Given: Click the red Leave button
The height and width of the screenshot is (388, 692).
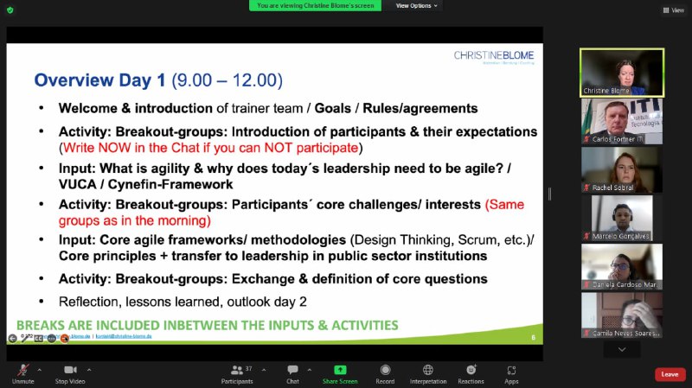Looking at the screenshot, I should [x=670, y=374].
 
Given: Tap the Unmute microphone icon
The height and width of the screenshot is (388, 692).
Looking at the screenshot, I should [x=23, y=370].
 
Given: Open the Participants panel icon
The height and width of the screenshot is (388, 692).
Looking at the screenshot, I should [x=236, y=370].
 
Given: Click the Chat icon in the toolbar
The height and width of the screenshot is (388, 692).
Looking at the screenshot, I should [x=292, y=370].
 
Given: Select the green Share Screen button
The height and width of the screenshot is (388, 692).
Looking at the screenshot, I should [x=340, y=370].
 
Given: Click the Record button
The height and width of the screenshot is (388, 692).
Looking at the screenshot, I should [x=385, y=370].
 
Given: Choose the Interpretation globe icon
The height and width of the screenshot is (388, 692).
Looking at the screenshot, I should [x=427, y=370].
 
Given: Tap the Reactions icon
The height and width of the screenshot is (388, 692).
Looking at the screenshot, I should [x=471, y=370].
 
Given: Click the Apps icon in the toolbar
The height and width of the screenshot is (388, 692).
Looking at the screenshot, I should [x=511, y=370].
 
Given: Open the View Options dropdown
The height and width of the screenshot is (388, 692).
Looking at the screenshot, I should [x=417, y=5].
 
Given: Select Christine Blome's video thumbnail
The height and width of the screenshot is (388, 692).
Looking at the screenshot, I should [x=621, y=72].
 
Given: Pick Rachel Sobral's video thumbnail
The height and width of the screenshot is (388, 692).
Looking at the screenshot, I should [x=621, y=169].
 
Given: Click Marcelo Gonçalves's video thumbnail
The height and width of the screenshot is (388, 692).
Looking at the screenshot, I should [x=621, y=217].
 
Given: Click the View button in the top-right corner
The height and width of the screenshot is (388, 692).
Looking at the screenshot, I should [x=673, y=10].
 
